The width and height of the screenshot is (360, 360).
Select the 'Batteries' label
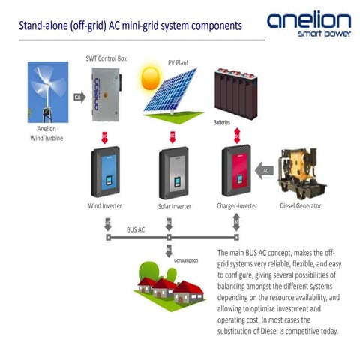pyautogui.click(x=223, y=121)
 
